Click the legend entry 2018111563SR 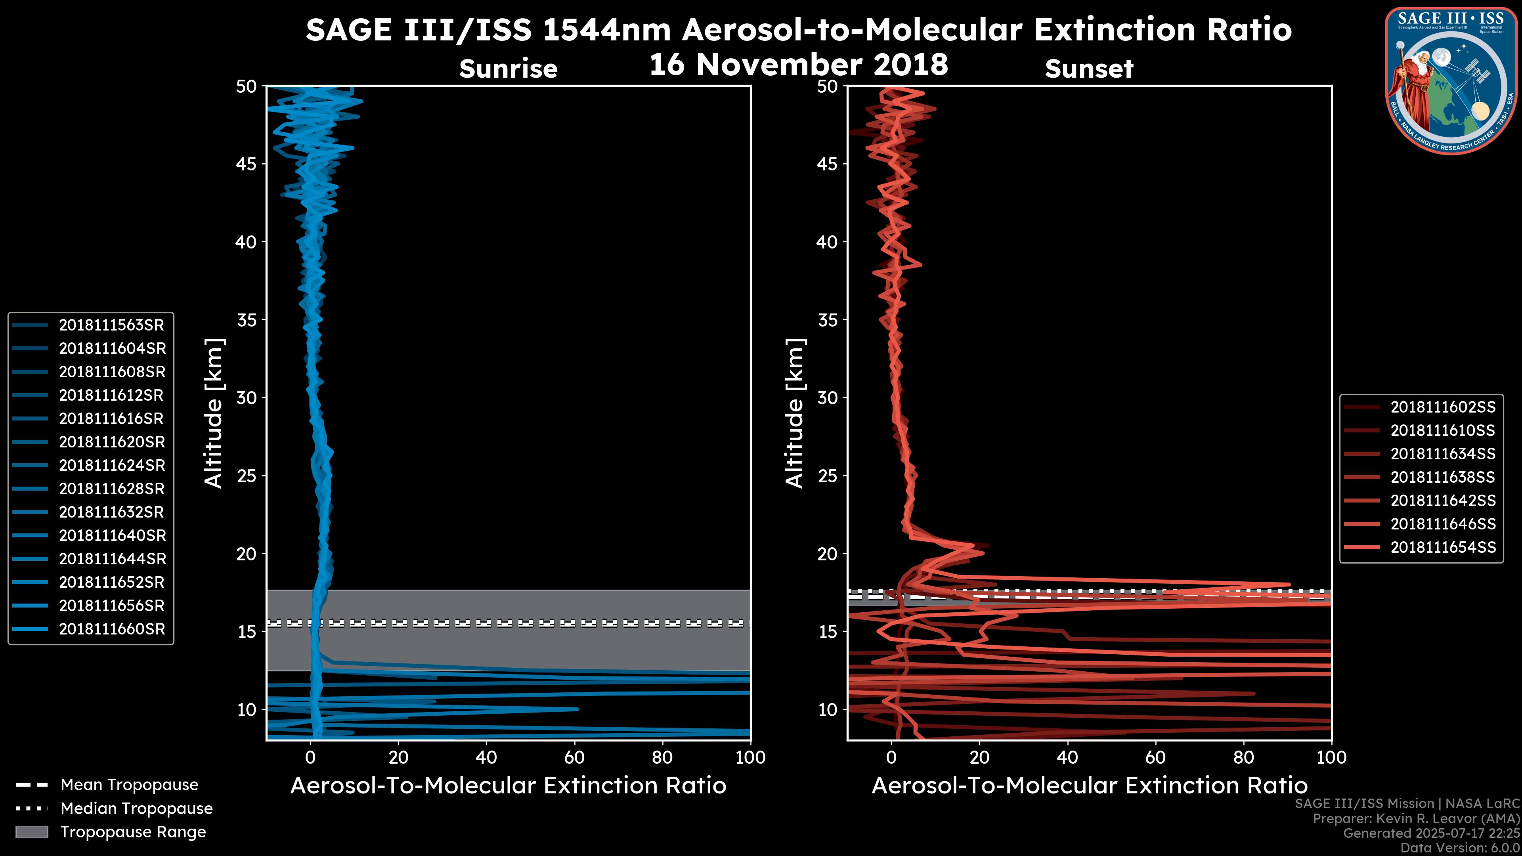tap(111, 325)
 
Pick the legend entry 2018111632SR tap(111, 512)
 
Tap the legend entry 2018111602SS tap(1442, 407)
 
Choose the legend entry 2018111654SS tap(1442, 548)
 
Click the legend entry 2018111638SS tap(1442, 477)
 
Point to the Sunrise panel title tap(508, 69)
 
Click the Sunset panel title tap(1089, 69)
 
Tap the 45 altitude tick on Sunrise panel tap(247, 164)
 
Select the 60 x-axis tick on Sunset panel tap(1155, 757)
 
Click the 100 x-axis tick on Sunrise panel tap(750, 757)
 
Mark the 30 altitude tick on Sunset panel tap(827, 397)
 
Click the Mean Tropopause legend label tap(129, 785)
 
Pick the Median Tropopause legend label tap(136, 809)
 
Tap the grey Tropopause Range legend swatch tap(31, 832)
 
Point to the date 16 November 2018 tap(798, 65)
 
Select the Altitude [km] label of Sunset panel tap(795, 413)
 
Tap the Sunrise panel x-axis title tap(508, 786)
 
